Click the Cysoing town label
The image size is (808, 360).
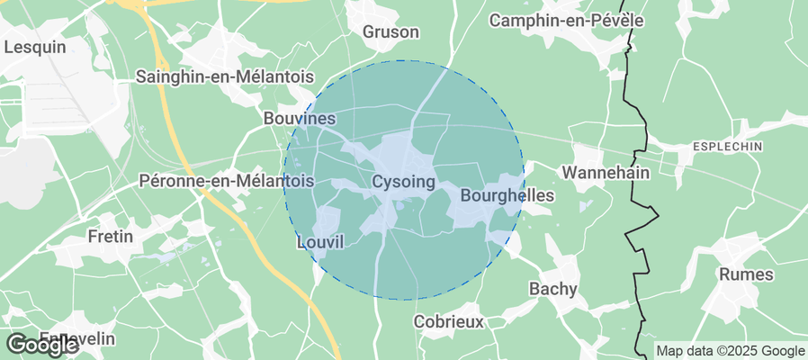403,183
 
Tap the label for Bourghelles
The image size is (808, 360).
507,195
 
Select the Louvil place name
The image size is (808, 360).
320,243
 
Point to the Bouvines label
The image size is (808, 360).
300,119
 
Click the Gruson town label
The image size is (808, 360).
391,32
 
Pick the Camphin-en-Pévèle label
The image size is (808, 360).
579,19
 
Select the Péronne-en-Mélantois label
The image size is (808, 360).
227,181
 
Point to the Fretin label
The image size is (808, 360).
111,238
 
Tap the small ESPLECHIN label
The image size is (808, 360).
727,146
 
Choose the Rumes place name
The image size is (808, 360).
748,274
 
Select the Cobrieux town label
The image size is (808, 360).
448,321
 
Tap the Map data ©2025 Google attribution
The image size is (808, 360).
730,351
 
